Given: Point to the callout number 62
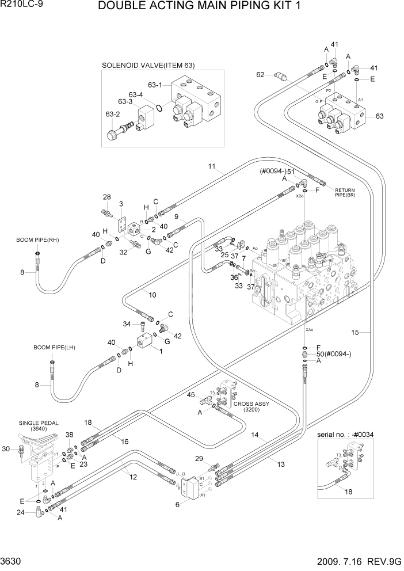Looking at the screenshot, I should pyautogui.click(x=260, y=74).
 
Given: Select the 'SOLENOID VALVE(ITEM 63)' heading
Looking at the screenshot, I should pyautogui.click(x=148, y=65).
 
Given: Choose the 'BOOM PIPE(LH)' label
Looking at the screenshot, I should pyautogui.click(x=54, y=347).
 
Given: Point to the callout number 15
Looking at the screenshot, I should pyautogui.click(x=355, y=332).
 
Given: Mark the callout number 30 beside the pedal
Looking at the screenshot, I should pyautogui.click(x=6, y=449).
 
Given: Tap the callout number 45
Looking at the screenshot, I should pyautogui.click(x=190, y=394).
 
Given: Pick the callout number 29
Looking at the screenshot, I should pyautogui.click(x=199, y=458).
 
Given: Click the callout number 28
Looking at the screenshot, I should pyautogui.click(x=106, y=198).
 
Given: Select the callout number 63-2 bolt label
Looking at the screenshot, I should pyautogui.click(x=112, y=114).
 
